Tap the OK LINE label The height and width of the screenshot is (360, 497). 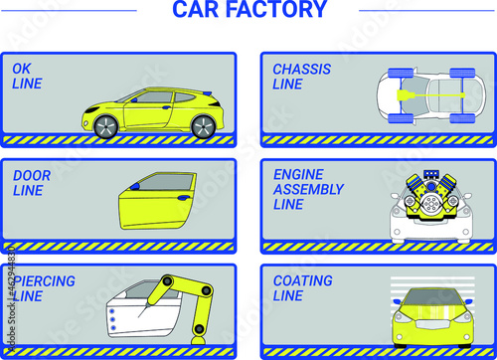click(27, 77)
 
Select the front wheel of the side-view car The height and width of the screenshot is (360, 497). click(106, 126)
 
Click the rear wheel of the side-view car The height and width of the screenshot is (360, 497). click(204, 126)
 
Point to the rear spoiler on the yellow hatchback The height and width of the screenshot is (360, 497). click(207, 93)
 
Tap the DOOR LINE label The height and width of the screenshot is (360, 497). click(32, 183)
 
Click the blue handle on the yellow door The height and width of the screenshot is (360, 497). click(183, 198)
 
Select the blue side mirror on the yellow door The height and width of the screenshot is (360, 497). click(135, 187)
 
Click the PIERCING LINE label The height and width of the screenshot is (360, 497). click(44, 288)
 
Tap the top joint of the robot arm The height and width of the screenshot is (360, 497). click(167, 281)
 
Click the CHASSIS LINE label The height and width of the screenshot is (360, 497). click(301, 77)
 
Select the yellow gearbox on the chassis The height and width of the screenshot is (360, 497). click(406, 95)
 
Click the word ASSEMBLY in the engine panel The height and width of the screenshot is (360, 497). click(308, 189)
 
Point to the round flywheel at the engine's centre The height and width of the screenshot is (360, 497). click(431, 203)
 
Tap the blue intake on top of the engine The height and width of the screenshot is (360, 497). click(430, 174)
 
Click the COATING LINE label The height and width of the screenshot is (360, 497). click(302, 288)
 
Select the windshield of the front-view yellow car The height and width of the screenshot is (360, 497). click(431, 297)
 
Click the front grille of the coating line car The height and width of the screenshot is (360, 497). click(431, 324)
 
